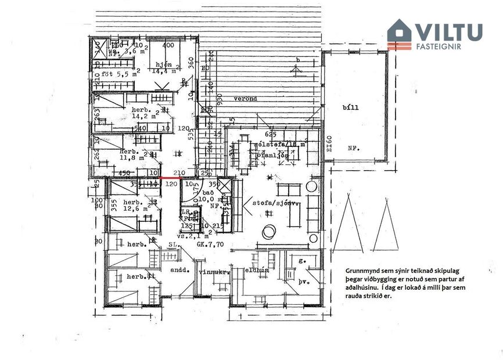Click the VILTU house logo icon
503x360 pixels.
[399, 34]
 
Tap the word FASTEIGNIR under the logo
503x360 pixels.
[439, 46]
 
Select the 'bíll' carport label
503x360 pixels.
[351, 108]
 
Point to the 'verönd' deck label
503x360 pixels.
[245, 99]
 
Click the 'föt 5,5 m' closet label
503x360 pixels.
[117, 75]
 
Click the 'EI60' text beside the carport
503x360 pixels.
[329, 144]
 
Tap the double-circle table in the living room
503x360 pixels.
[269, 231]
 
